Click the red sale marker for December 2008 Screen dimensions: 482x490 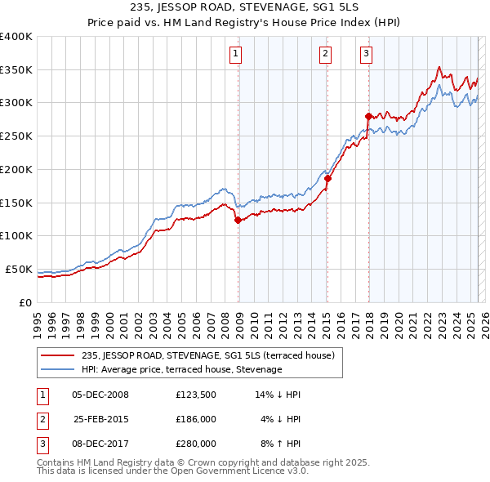pyautogui.click(x=238, y=220)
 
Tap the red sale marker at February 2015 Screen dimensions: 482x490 pyautogui.click(x=327, y=178)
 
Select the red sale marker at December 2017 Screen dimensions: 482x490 pyautogui.click(x=368, y=116)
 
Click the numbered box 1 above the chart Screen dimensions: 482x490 pyautogui.click(x=235, y=55)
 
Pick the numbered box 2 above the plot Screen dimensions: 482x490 pyautogui.click(x=325, y=55)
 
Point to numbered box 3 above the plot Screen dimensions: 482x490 pyautogui.click(x=366, y=55)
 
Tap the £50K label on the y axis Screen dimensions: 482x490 pyautogui.click(x=20, y=269)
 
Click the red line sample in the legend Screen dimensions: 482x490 pyautogui.click(x=59, y=355)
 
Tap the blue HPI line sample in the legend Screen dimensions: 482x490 pyautogui.click(x=59, y=369)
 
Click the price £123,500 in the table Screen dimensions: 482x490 pyautogui.click(x=196, y=395)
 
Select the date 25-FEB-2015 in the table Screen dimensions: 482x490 pyautogui.click(x=101, y=419)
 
